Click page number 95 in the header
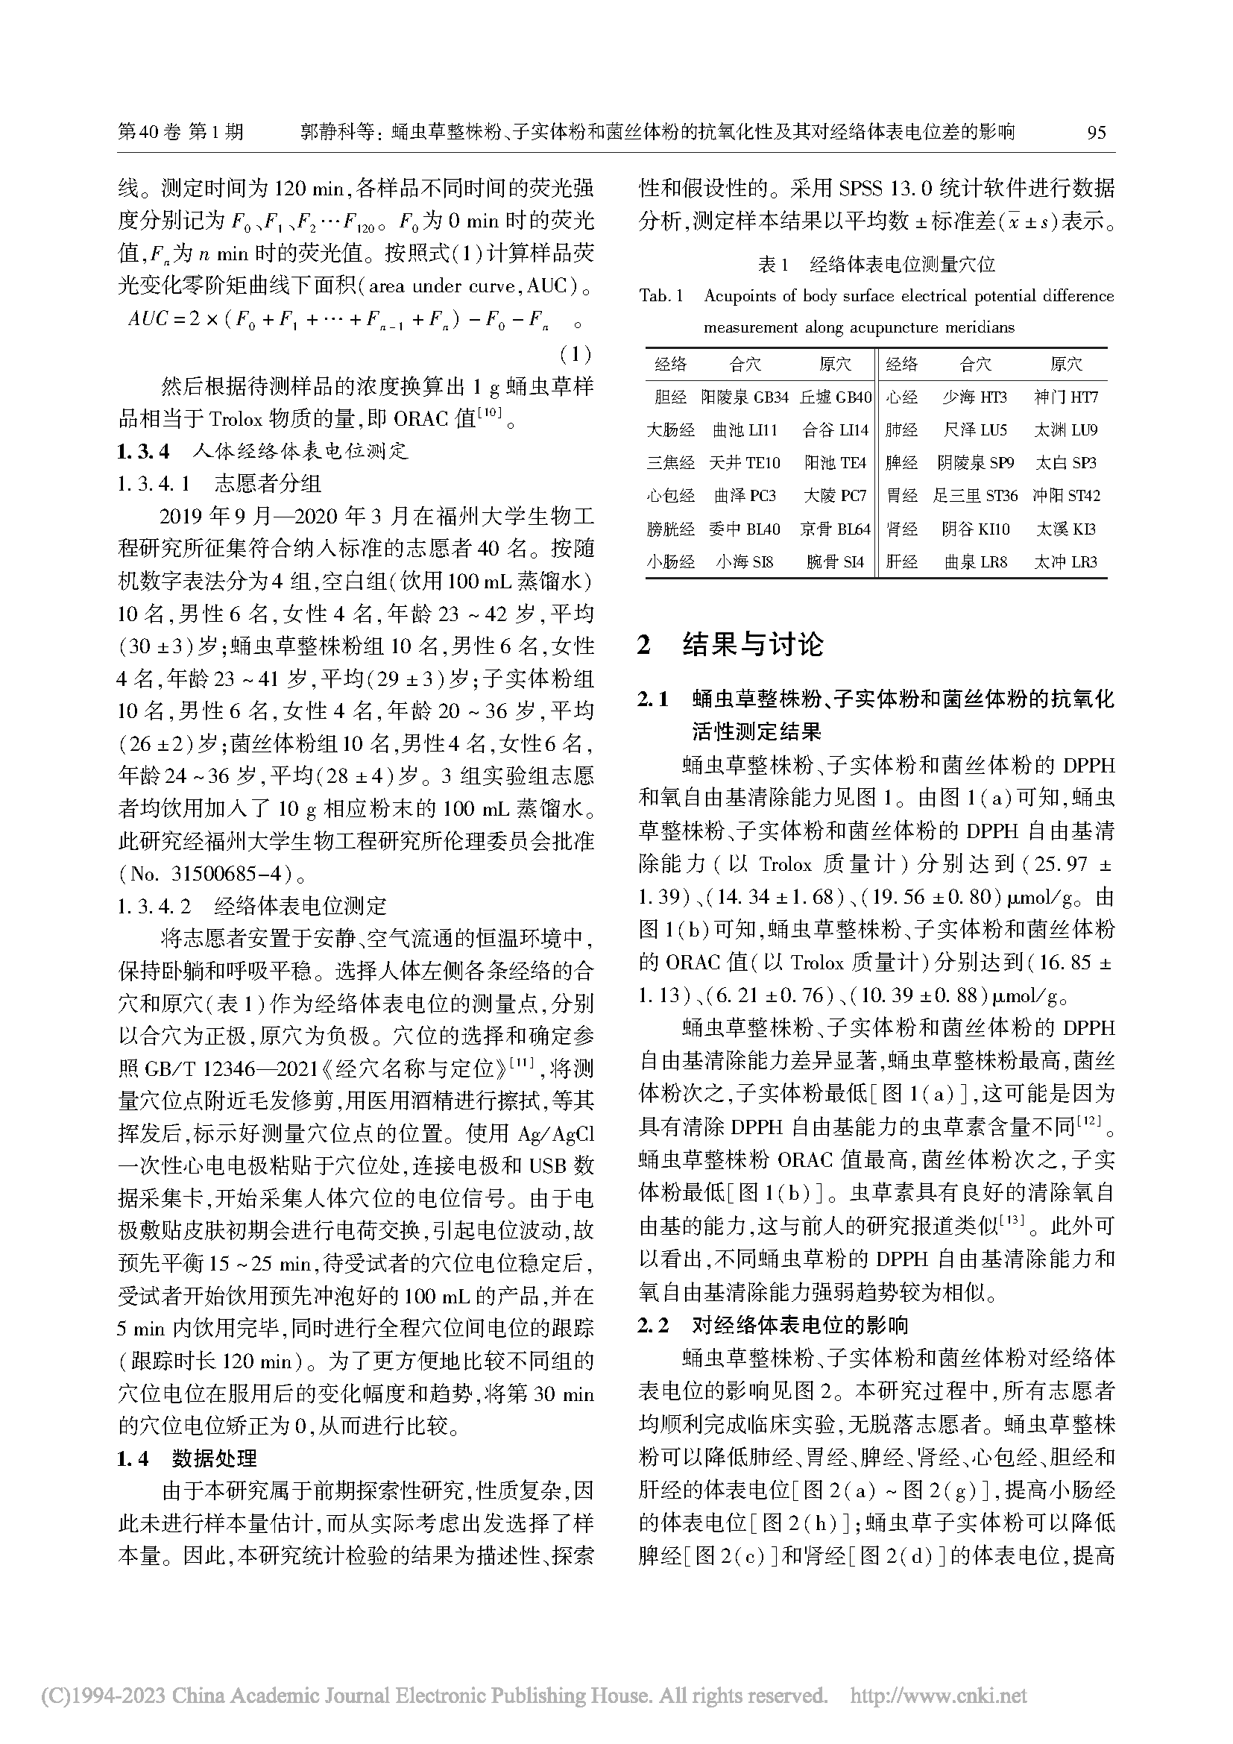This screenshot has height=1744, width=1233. (1096, 132)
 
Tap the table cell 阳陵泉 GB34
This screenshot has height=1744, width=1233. (744, 397)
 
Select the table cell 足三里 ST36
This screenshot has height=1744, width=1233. (975, 496)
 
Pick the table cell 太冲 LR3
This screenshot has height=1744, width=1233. (1065, 562)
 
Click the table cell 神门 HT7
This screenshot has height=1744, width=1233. (1065, 397)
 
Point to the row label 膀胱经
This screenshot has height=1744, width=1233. (670, 529)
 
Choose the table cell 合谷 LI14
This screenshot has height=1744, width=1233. (835, 431)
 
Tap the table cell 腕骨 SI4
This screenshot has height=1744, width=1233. (835, 562)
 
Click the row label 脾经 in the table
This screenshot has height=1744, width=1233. (902, 463)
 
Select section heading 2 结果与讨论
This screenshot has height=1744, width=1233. (731, 645)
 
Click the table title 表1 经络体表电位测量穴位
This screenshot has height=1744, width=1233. (876, 265)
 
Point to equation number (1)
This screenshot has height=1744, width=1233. (574, 354)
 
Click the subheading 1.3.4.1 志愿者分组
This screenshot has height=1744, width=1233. (218, 483)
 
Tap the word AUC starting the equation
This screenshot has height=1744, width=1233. (148, 320)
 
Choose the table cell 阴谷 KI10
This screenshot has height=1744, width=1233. (975, 529)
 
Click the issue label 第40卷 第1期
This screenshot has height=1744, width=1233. (180, 132)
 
